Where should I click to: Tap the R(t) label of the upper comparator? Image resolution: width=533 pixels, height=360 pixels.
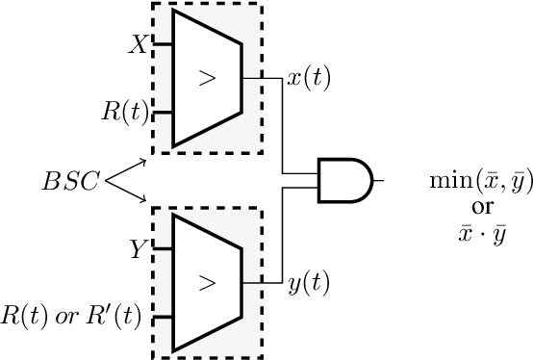click(124, 111)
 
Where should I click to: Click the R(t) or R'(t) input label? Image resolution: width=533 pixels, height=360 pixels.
click(72, 315)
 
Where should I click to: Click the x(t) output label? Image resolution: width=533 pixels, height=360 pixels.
click(309, 78)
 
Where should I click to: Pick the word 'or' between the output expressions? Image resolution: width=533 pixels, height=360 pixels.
click(477, 182)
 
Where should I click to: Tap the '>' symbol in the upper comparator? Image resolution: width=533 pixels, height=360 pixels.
click(206, 78)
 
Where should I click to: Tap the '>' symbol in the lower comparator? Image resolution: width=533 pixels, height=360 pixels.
click(206, 282)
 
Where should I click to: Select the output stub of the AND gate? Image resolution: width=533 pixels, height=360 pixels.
click(379, 180)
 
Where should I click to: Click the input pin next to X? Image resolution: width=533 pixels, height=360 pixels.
click(161, 44)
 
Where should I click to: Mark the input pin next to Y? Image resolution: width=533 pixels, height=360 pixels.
click(161, 249)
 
